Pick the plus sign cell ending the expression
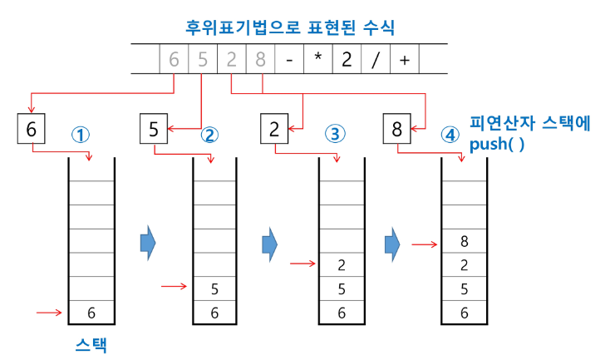[x=404, y=61]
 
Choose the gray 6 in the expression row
[x=174, y=61]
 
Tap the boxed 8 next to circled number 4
[x=397, y=129]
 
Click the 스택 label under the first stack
[x=91, y=343]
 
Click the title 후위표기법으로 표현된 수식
[x=290, y=26]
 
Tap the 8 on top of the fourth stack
[x=464, y=243]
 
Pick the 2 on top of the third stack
[x=342, y=266]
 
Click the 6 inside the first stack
[x=91, y=313]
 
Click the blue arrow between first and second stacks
[x=148, y=241]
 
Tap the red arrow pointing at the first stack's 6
[x=50, y=313]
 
